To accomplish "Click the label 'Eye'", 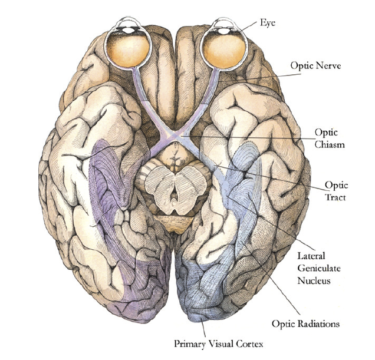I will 268,23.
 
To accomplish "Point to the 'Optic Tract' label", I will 338,192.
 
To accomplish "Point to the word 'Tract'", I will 338,198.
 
